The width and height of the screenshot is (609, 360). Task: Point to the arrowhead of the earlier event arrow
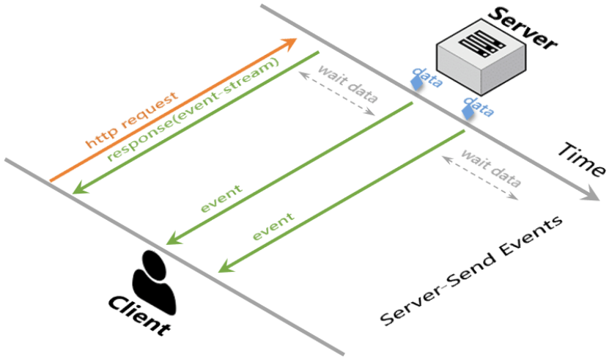tap(171, 240)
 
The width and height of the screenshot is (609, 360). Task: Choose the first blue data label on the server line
tap(426, 77)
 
